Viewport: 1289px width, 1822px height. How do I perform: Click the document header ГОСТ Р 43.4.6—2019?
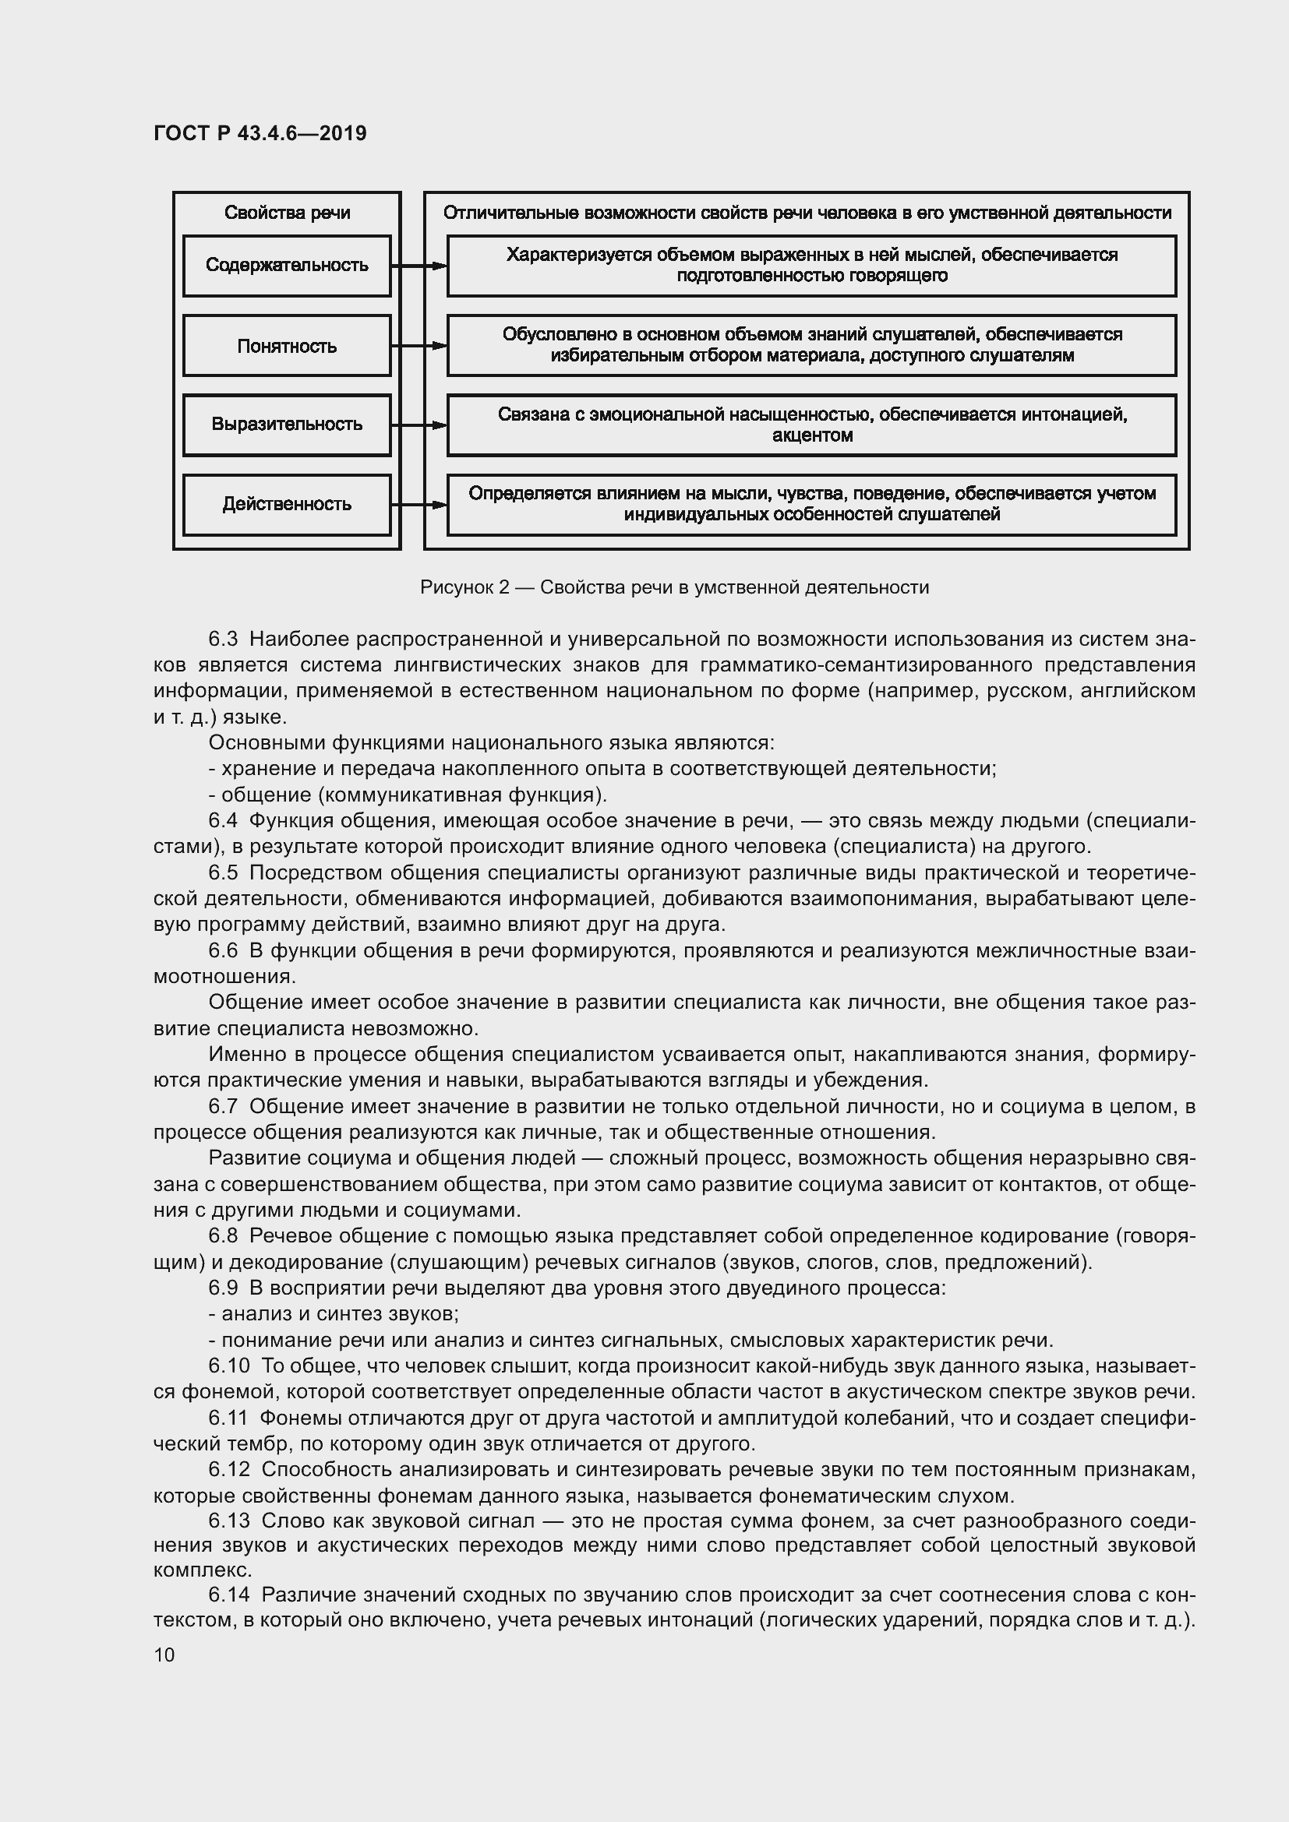[x=260, y=133]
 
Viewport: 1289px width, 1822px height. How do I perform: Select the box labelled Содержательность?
[x=287, y=265]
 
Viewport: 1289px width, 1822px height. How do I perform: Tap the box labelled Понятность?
[x=287, y=346]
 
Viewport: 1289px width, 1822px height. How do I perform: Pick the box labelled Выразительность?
[x=287, y=425]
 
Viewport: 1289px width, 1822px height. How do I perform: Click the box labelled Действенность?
[x=287, y=505]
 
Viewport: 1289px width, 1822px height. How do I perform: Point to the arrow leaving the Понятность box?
[x=419, y=346]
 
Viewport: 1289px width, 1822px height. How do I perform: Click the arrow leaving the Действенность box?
[x=419, y=505]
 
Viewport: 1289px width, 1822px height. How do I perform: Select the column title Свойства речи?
[x=287, y=213]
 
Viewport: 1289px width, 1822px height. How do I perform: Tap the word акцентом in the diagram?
[x=812, y=435]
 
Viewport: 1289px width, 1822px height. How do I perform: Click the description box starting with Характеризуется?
[x=811, y=265]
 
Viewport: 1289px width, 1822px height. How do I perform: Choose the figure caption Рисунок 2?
[x=674, y=587]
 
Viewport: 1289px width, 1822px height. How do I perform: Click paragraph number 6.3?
[x=223, y=639]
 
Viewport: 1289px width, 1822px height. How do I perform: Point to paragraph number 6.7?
[x=223, y=1106]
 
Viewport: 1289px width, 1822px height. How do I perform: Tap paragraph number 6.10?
[x=228, y=1366]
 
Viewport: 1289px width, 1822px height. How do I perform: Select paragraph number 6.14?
[x=228, y=1595]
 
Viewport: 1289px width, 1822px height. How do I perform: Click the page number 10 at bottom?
[x=164, y=1655]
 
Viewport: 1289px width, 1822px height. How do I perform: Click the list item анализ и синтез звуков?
[x=334, y=1314]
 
